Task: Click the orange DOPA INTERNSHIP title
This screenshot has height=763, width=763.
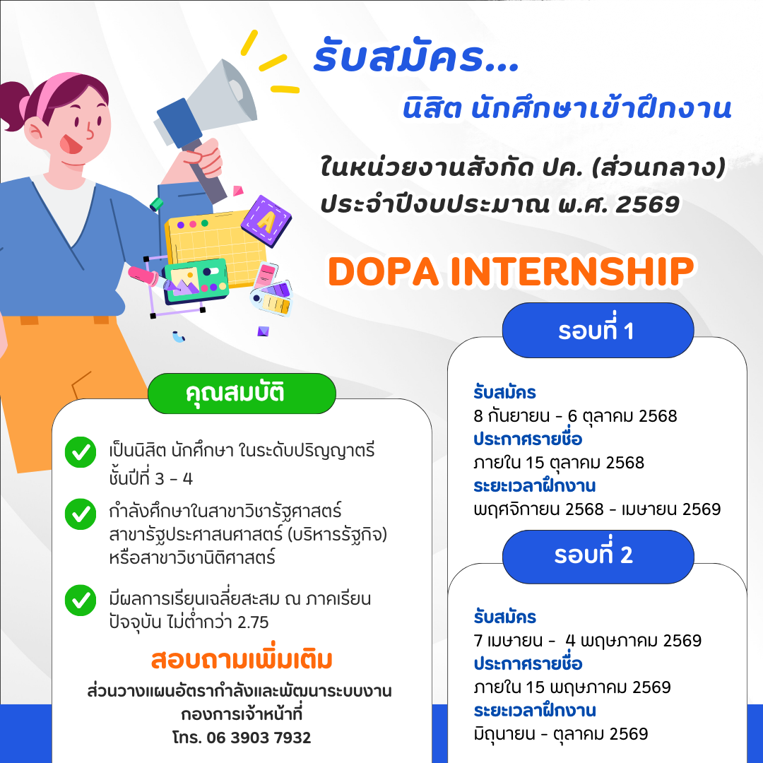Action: pyautogui.click(x=511, y=271)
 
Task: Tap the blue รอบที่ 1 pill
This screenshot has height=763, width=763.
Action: pyautogui.click(x=598, y=330)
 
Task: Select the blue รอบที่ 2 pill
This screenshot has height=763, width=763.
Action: pyautogui.click(x=598, y=556)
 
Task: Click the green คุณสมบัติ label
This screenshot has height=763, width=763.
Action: pyautogui.click(x=242, y=394)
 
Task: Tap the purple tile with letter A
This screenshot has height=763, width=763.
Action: pyautogui.click(x=266, y=221)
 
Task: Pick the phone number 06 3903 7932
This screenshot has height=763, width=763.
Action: pyautogui.click(x=259, y=737)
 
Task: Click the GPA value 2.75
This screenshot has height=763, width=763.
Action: pyautogui.click(x=252, y=622)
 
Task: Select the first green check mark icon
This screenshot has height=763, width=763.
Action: pyautogui.click(x=81, y=452)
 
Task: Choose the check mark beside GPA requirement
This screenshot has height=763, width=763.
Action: pyautogui.click(x=81, y=600)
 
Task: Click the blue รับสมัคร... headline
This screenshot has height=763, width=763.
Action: pyautogui.click(x=417, y=57)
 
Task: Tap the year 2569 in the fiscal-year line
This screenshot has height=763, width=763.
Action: pyautogui.click(x=647, y=204)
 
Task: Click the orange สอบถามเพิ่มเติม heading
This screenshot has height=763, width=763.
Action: pyautogui.click(x=242, y=659)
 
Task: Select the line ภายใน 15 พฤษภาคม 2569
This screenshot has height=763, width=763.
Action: pyautogui.click(x=572, y=687)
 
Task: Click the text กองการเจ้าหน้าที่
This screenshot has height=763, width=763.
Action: pyautogui.click(x=242, y=714)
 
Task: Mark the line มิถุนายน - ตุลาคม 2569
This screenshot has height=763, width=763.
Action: pyautogui.click(x=560, y=734)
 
